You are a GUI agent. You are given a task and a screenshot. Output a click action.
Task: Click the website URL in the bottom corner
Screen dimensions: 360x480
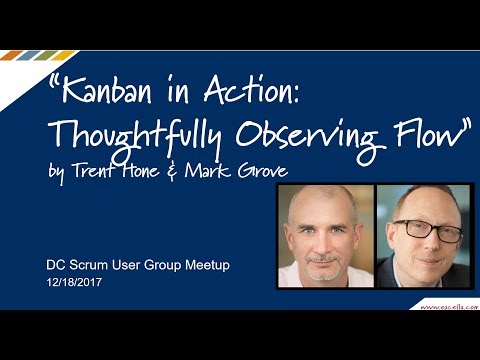tap(446, 300)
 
